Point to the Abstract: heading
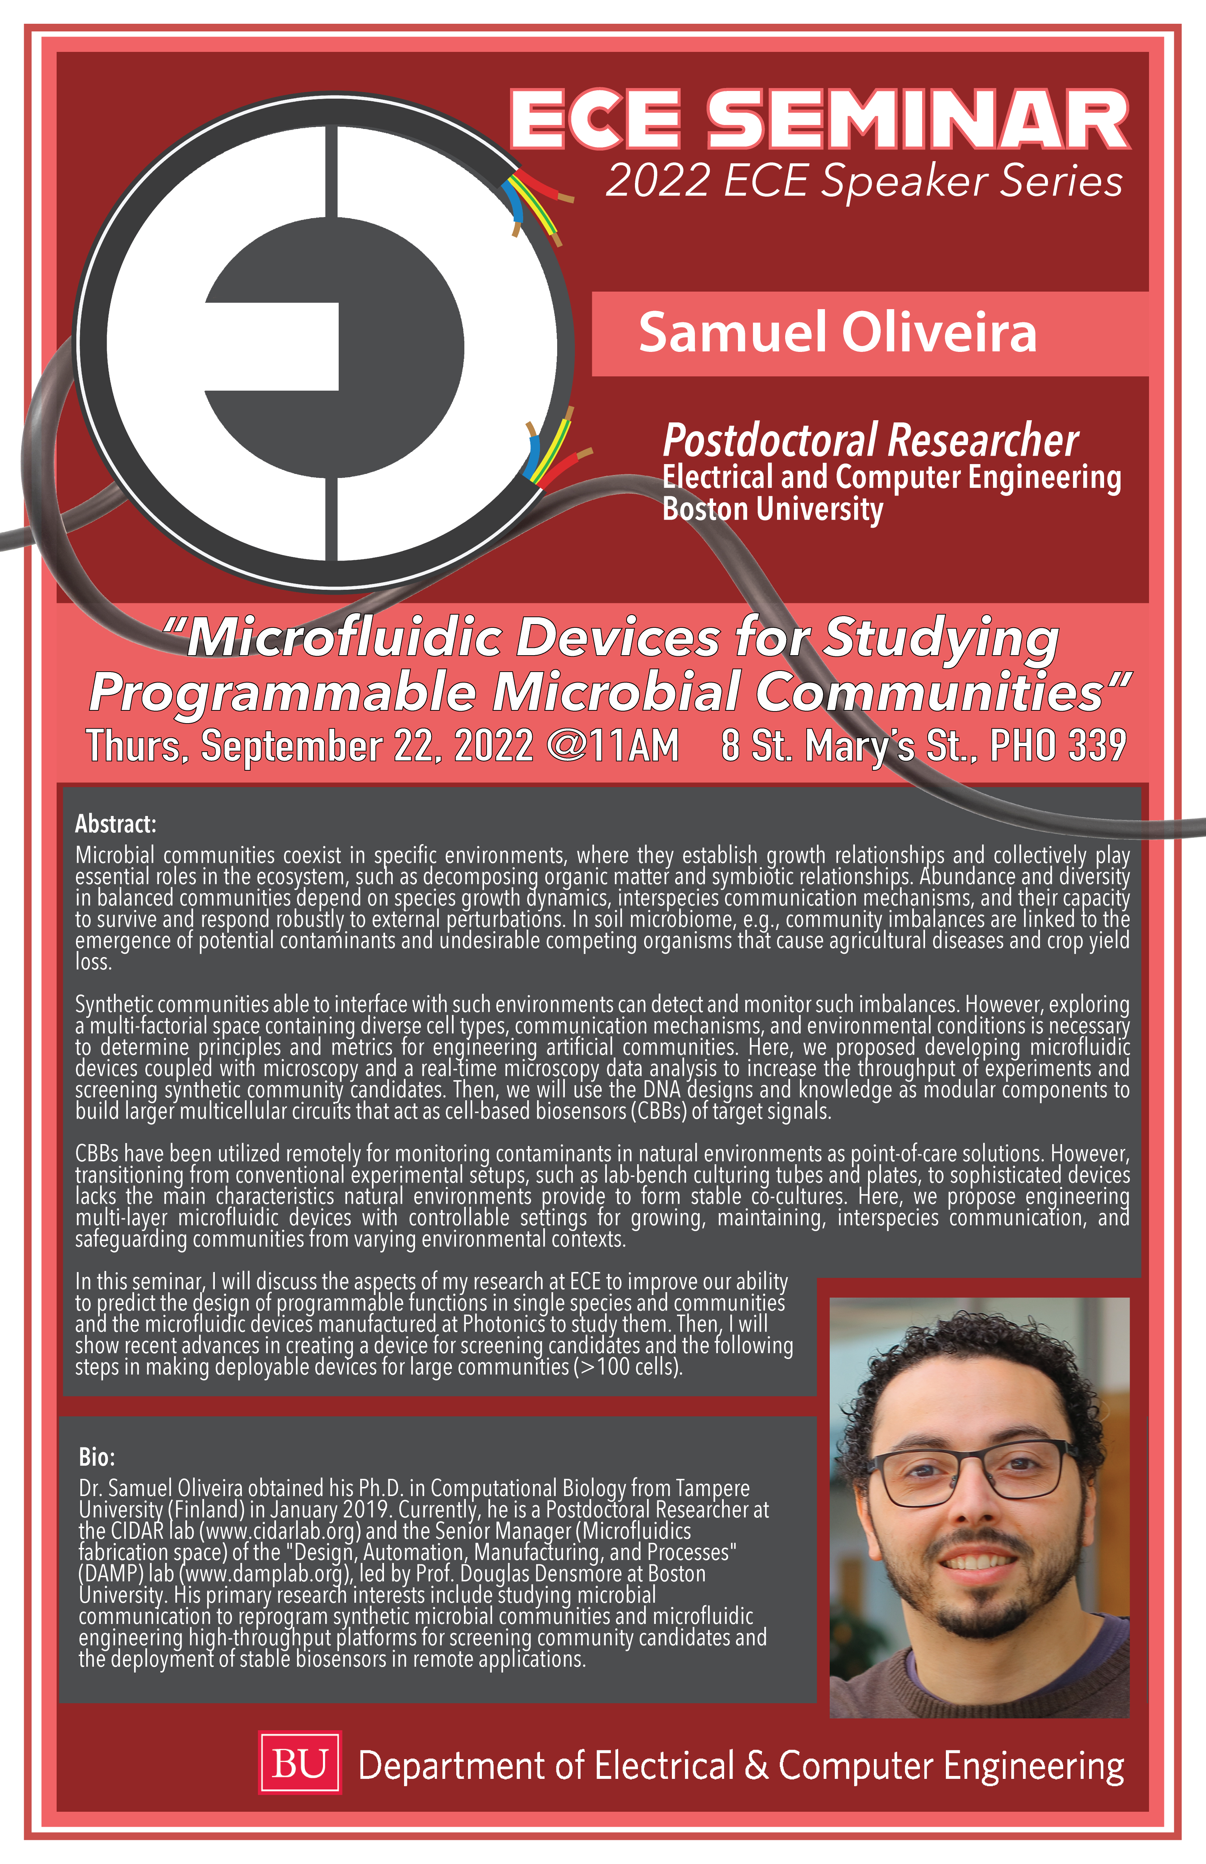coord(116,824)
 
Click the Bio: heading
coord(97,1457)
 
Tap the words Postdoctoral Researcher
coord(871,440)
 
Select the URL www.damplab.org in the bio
coord(264,1573)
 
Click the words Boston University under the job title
coord(773,509)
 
